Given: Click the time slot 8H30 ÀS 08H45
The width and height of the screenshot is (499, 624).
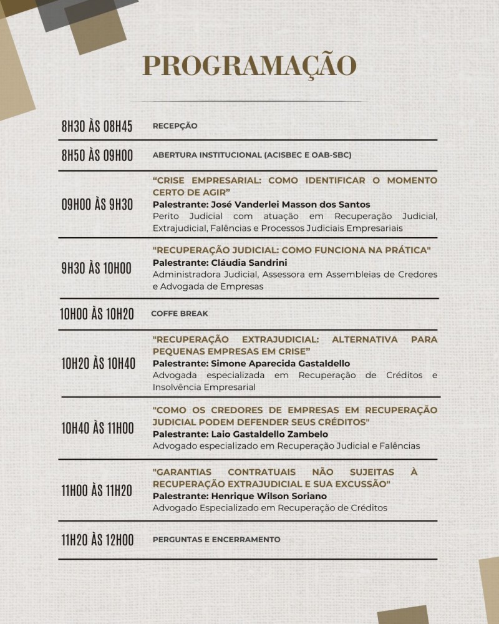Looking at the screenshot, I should [x=97, y=126].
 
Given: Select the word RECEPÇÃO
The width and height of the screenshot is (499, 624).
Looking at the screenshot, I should [x=175, y=126].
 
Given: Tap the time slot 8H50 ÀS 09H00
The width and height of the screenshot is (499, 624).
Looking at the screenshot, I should [x=97, y=155].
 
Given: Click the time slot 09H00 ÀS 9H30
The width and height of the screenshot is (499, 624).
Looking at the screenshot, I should [x=97, y=204].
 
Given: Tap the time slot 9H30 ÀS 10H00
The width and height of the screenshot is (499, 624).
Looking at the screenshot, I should [x=97, y=268].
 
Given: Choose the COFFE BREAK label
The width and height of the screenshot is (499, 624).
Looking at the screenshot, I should [x=180, y=314].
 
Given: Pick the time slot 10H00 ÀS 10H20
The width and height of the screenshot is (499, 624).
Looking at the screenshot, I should [x=97, y=314].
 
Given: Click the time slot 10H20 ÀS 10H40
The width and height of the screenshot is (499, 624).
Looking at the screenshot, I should [x=98, y=363].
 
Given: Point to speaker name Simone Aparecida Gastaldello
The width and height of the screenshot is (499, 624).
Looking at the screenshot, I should [x=251, y=364].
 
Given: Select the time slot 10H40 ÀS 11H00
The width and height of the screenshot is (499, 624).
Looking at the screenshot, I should [x=97, y=428].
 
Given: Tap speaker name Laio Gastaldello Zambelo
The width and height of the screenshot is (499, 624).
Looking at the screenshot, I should [x=240, y=434].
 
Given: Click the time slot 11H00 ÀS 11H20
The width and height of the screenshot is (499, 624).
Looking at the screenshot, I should [x=97, y=490].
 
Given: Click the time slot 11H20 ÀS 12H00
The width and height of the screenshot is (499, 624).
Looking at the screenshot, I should [x=97, y=540].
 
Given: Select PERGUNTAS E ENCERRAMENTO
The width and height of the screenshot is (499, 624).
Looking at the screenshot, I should [x=216, y=540].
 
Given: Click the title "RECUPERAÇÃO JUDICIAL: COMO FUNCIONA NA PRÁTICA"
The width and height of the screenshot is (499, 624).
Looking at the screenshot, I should [x=292, y=251].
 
